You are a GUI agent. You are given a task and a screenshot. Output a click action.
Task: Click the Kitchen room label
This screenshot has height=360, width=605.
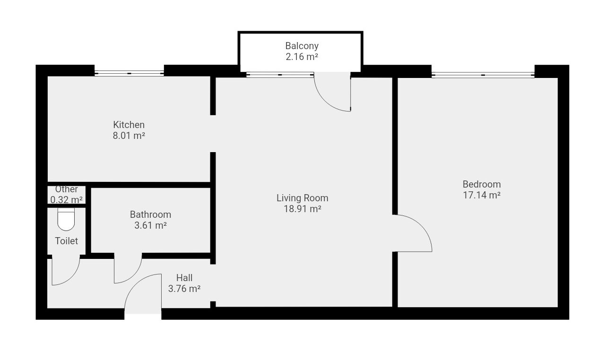click(129, 125)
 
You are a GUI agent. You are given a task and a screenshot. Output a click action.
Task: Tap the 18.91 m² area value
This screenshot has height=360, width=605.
click(302, 209)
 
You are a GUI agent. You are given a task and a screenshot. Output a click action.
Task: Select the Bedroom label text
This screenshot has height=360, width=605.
click(482, 184)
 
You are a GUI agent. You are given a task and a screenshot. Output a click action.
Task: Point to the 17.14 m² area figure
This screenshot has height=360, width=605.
click(482, 195)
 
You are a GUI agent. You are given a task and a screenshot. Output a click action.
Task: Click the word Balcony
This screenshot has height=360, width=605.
click(302, 46)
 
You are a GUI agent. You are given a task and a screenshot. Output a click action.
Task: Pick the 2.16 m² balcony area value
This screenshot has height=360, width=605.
click(302, 57)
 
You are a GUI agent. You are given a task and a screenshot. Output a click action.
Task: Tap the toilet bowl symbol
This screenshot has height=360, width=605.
click(66, 219)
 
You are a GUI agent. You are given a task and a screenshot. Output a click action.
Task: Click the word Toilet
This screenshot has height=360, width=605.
click(67, 241)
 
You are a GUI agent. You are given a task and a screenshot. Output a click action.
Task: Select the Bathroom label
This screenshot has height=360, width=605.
click(150, 214)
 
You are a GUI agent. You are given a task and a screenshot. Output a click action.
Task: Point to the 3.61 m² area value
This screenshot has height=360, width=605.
click(150, 225)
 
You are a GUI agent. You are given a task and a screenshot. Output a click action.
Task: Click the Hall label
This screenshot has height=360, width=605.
click(184, 278)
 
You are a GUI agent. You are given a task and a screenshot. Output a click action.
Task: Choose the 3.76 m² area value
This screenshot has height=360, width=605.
click(184, 289)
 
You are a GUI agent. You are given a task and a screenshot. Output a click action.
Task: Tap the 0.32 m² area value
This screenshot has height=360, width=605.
click(67, 200)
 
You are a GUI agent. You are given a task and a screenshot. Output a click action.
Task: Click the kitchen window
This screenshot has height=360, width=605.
click(129, 73)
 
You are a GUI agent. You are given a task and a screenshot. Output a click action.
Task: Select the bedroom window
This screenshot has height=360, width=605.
click(483, 75)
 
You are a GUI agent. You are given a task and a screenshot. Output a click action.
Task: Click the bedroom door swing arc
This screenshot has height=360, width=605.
click(421, 225)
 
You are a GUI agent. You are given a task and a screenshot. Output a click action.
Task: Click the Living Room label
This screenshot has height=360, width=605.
click(302, 198)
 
